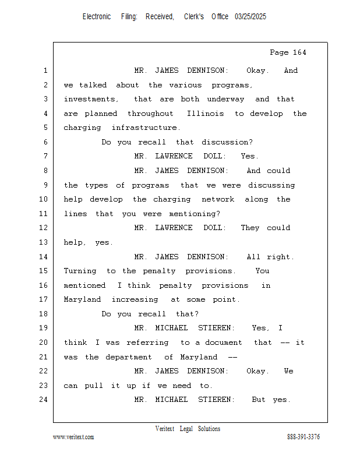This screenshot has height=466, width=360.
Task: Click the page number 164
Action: pyautogui.click(x=299, y=52)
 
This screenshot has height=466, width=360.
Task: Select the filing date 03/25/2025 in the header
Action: pyautogui.click(x=250, y=17)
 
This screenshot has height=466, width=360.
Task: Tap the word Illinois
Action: pyautogui.click(x=205, y=114)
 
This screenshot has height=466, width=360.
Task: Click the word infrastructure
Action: pyautogui.click(x=146, y=128)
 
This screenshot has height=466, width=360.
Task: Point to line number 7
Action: pyautogui.click(x=45, y=156)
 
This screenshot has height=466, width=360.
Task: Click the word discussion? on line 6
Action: pyautogui.click(x=227, y=142)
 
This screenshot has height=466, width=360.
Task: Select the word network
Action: pyautogui.click(x=218, y=199)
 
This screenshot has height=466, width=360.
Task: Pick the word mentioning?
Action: pyautogui.click(x=195, y=214)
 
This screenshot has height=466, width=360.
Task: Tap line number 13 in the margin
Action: pyautogui.click(x=44, y=242)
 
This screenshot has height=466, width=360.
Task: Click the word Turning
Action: pyautogui.click(x=80, y=271)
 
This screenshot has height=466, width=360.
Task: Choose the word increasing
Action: pyautogui.click(x=135, y=299)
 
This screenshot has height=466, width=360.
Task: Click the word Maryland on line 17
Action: pyautogui.click(x=82, y=299)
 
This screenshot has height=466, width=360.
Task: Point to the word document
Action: pyautogui.click(x=224, y=343)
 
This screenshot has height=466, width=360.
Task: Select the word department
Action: pyautogui.click(x=129, y=357)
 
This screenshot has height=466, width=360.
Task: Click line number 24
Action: pyautogui.click(x=44, y=400)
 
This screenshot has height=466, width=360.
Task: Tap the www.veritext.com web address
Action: pyautogui.click(x=73, y=437)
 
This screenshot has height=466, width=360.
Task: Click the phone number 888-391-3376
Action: pyautogui.click(x=303, y=437)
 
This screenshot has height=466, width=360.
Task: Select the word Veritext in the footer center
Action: pyautogui.click(x=165, y=429)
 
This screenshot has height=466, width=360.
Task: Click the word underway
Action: pyautogui.click(x=225, y=99)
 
